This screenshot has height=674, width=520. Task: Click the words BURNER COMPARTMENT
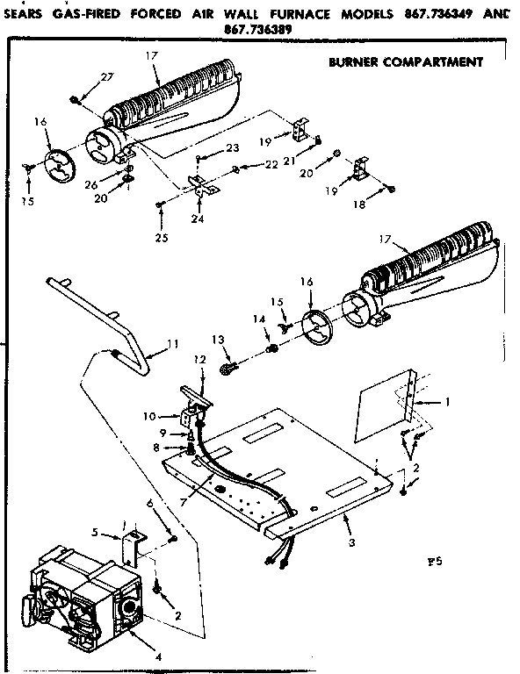pos(405,62)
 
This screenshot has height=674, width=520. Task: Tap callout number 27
pos(106,78)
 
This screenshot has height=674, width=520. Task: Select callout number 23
pos(233,148)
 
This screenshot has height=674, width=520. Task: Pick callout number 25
pos(159,238)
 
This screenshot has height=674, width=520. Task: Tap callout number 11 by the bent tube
pos(173,343)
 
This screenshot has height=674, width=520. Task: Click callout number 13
pos(218,340)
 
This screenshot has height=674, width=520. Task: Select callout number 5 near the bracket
pos(96,533)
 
